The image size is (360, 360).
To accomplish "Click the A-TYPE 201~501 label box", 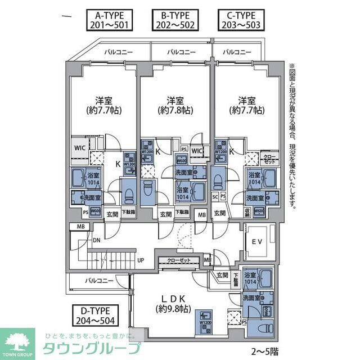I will [109, 20].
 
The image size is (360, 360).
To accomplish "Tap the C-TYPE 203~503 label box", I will [241, 20].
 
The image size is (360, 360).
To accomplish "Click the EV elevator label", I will [256, 242].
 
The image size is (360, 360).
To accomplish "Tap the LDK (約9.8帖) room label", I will [173, 303].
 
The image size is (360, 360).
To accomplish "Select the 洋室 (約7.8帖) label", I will [174, 105].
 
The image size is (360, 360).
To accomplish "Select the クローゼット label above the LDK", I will [179, 260].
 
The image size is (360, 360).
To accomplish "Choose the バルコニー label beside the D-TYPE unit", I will [99, 280].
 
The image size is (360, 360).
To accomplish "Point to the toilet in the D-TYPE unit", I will [262, 327].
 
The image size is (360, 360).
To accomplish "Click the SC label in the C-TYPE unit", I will [215, 196].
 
